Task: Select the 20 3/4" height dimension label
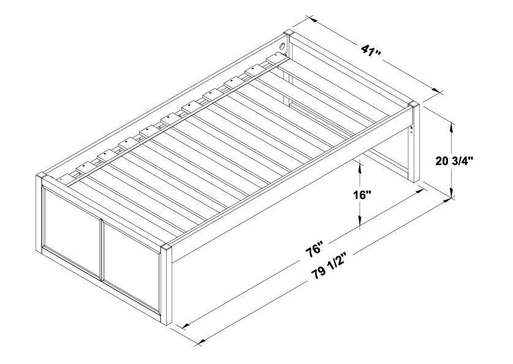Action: point(454,161)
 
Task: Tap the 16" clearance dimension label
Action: point(362,195)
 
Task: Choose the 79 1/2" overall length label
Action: point(325,268)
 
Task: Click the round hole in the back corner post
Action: point(282,46)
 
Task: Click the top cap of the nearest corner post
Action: point(167,247)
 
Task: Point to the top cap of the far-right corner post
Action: point(414,105)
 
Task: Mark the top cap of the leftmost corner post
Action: point(41,176)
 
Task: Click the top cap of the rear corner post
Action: point(289,33)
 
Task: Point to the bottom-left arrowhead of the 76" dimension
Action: point(186,325)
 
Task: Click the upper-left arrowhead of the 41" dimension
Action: point(312,20)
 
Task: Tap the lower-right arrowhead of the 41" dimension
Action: point(436,91)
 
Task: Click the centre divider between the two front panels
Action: point(101,250)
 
